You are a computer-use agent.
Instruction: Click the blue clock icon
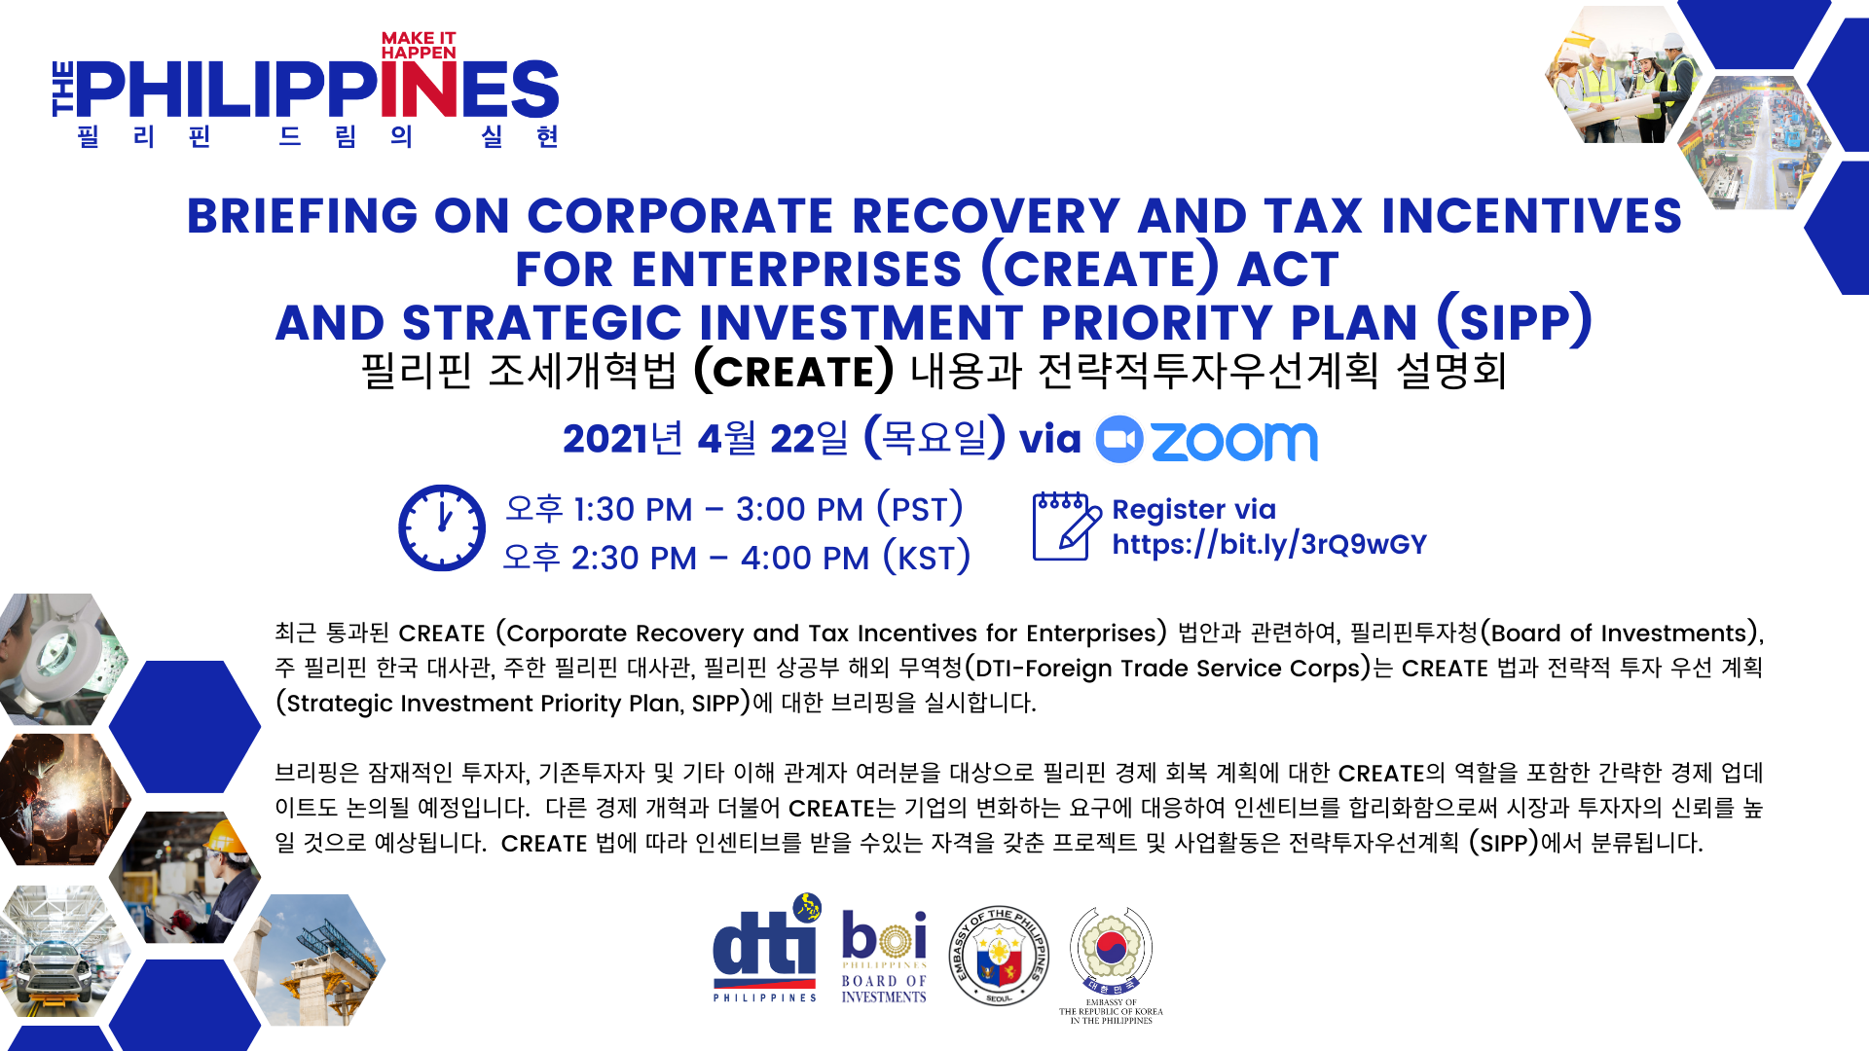pos(441,527)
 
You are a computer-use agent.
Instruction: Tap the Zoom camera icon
pos(1119,440)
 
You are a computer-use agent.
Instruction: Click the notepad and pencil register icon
pos(1067,525)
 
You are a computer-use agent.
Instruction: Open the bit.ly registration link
pos(1269,544)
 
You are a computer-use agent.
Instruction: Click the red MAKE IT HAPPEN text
pos(419,45)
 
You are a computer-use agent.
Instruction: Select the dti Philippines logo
pos(766,948)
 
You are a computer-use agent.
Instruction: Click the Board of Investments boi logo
pos(884,957)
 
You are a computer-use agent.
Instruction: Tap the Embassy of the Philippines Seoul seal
pos(999,956)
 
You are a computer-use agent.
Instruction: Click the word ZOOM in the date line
pos(1234,441)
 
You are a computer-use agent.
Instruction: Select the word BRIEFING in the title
pos(302,216)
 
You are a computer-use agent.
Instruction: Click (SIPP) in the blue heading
pos(1514,321)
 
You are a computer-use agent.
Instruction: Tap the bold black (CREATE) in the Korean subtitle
pos(793,371)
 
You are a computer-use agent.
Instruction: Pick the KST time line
pos(736,558)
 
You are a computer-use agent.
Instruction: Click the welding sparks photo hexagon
pos(64,799)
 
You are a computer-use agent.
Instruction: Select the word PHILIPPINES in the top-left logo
pos(317,90)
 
